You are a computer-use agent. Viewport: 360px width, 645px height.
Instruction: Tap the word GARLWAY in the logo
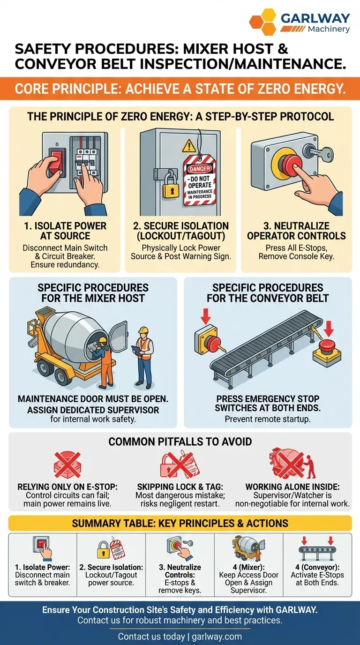click(x=315, y=18)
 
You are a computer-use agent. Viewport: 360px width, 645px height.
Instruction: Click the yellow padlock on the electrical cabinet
click(x=170, y=184)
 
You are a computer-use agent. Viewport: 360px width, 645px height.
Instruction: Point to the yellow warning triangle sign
click(x=189, y=146)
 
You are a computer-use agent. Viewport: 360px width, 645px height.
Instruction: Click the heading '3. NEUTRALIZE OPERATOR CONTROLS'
click(x=296, y=231)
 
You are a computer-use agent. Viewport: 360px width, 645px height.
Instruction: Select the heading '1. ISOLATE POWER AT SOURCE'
click(x=65, y=231)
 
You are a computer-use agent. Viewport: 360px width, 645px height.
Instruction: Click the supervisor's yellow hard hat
click(x=143, y=330)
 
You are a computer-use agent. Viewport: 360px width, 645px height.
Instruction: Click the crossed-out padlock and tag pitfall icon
click(x=180, y=464)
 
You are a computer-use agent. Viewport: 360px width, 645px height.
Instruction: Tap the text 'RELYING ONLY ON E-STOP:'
click(x=67, y=487)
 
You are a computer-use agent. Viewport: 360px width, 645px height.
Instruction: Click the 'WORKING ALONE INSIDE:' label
click(x=292, y=487)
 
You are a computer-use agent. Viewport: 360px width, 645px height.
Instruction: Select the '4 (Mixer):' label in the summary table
click(x=248, y=567)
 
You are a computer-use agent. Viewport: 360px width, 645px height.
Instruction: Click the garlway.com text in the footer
click(x=217, y=636)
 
